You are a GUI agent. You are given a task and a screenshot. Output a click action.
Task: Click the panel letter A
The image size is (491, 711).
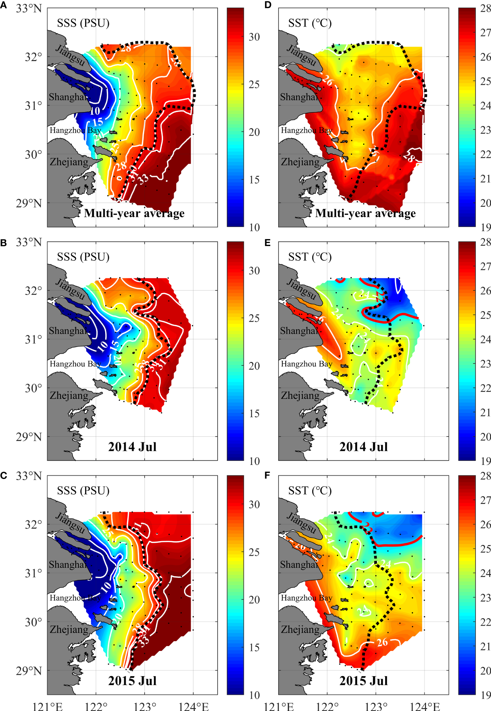tap(3, 5)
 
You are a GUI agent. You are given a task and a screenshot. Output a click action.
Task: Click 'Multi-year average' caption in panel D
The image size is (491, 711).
tap(365, 213)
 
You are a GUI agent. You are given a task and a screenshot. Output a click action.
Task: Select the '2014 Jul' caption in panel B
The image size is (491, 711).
tap(132, 447)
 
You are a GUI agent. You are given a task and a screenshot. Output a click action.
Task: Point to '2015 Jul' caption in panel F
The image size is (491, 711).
tap(363, 681)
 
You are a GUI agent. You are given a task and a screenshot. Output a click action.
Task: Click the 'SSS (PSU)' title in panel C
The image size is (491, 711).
tap(83, 491)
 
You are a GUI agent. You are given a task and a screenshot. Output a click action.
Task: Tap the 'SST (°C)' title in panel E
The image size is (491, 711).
tap(310, 257)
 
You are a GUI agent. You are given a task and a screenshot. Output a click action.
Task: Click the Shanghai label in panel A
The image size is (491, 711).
tap(68, 97)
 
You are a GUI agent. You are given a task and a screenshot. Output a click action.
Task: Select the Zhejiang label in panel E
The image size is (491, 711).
tap(300, 396)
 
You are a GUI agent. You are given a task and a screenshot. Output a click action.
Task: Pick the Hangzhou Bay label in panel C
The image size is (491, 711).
tap(75, 598)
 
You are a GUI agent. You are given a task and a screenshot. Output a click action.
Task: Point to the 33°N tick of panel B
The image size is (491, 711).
tap(29, 242)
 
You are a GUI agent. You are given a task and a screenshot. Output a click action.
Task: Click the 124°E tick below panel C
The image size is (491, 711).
tap(194, 706)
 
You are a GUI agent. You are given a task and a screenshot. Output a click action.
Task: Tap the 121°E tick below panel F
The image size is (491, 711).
tap(279, 706)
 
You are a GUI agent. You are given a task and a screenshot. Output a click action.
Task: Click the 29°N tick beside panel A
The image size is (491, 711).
tap(29, 203)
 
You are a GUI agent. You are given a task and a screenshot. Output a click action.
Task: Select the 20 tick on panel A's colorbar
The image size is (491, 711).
tap(254, 132)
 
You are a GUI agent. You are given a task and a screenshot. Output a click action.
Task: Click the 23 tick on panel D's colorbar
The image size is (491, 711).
tap(486, 130)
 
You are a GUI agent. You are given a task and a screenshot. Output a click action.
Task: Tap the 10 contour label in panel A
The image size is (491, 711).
tap(95, 111)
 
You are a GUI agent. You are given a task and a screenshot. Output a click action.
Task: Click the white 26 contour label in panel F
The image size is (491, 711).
tap(382, 642)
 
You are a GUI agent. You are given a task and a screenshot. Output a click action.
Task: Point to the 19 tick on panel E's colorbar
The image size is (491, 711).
tap(486, 461)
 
